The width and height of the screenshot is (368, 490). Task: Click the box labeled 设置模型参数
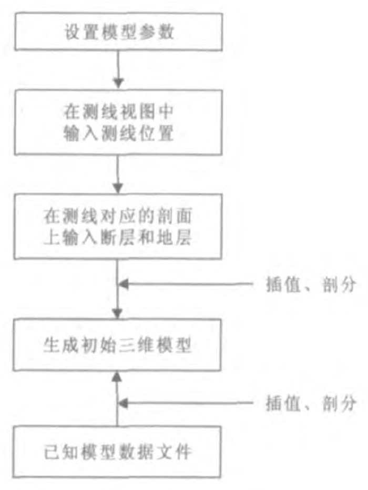point(118,33)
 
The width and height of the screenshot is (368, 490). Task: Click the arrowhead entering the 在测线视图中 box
point(118,82)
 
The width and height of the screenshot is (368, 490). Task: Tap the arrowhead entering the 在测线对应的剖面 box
point(118,187)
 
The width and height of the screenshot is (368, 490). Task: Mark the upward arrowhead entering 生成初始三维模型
point(118,375)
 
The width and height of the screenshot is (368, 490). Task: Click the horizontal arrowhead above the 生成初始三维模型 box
point(125,284)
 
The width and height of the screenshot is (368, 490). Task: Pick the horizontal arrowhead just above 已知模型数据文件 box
point(125,404)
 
